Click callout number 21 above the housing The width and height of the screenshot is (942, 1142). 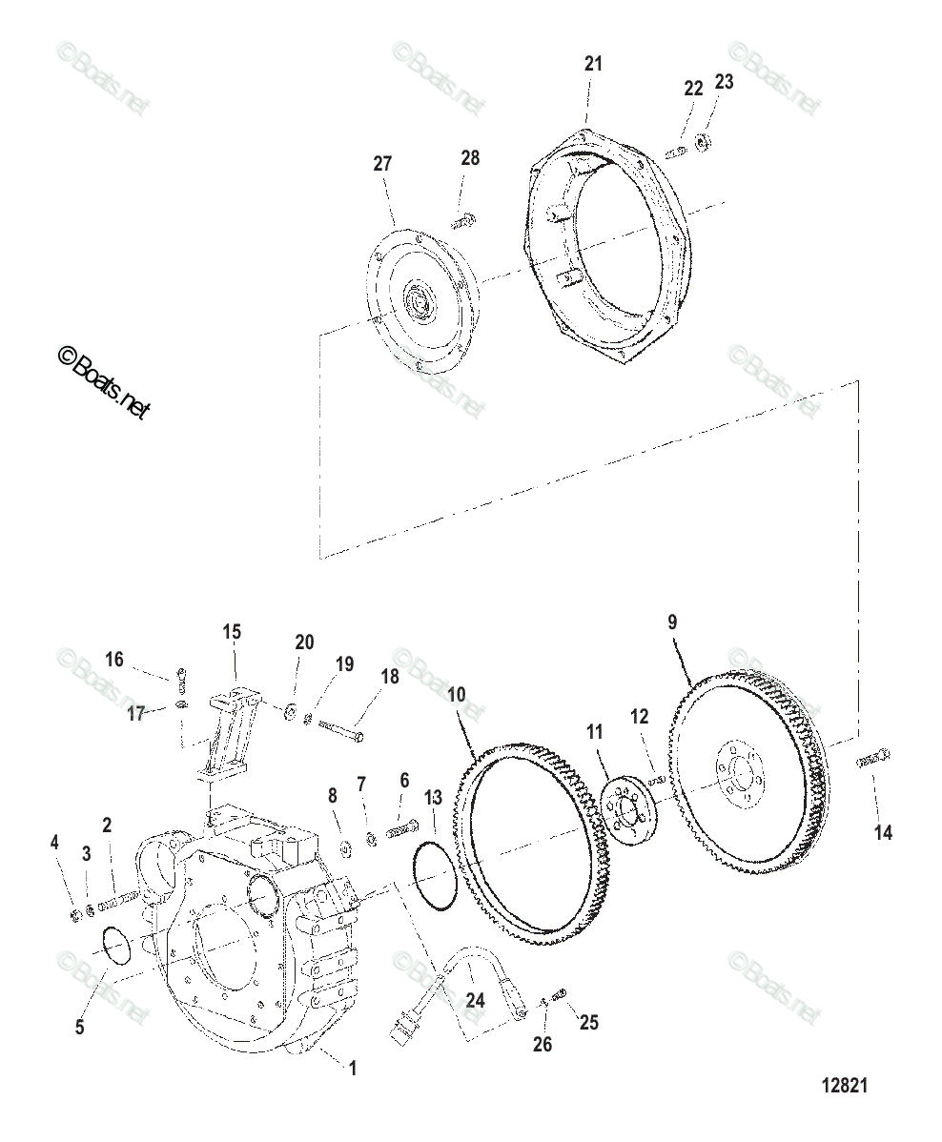[x=593, y=64]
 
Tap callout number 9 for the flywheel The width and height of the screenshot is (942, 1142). [x=672, y=622]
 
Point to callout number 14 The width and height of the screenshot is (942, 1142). [x=883, y=832]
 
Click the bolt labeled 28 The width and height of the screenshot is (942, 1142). [x=464, y=222]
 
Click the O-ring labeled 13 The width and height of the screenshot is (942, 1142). [x=436, y=875]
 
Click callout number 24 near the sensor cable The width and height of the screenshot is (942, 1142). [x=475, y=1000]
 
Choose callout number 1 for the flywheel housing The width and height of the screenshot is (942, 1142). [x=352, y=1069]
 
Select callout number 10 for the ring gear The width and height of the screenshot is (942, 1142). [x=457, y=694]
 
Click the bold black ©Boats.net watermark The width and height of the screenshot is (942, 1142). [x=103, y=383]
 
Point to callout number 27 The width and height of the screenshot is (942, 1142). [x=381, y=163]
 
